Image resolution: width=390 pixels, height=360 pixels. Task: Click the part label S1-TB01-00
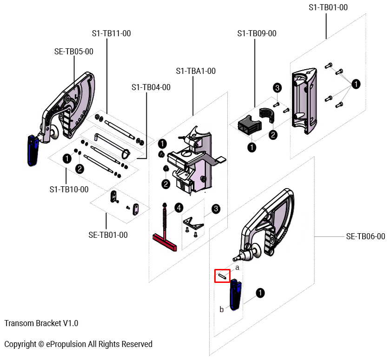tap(328, 7)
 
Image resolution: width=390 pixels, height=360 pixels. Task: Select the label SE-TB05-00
tap(74, 52)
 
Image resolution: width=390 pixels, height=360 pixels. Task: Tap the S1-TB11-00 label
tap(111, 33)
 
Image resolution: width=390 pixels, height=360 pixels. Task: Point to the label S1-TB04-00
tap(151, 87)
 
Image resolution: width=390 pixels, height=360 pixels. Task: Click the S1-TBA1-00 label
tap(196, 71)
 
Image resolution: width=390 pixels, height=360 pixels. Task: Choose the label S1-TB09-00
tap(257, 33)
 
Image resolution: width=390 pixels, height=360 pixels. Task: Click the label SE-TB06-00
tap(365, 236)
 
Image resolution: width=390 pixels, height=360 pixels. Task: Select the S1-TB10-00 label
tap(69, 190)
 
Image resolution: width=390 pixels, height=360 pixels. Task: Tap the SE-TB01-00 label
tap(108, 235)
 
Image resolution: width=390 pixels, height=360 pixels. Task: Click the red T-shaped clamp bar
tap(165, 243)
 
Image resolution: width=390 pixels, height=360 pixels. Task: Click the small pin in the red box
tap(222, 276)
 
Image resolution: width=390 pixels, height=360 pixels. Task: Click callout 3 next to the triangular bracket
tap(216, 209)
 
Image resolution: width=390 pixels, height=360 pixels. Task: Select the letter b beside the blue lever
tap(222, 309)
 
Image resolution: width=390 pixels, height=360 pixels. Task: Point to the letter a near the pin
tap(237, 268)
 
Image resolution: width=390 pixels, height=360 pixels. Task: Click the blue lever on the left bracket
tap(33, 150)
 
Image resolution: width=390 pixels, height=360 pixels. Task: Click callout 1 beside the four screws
tap(356, 84)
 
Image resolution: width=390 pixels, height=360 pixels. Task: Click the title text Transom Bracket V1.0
tap(41, 323)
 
